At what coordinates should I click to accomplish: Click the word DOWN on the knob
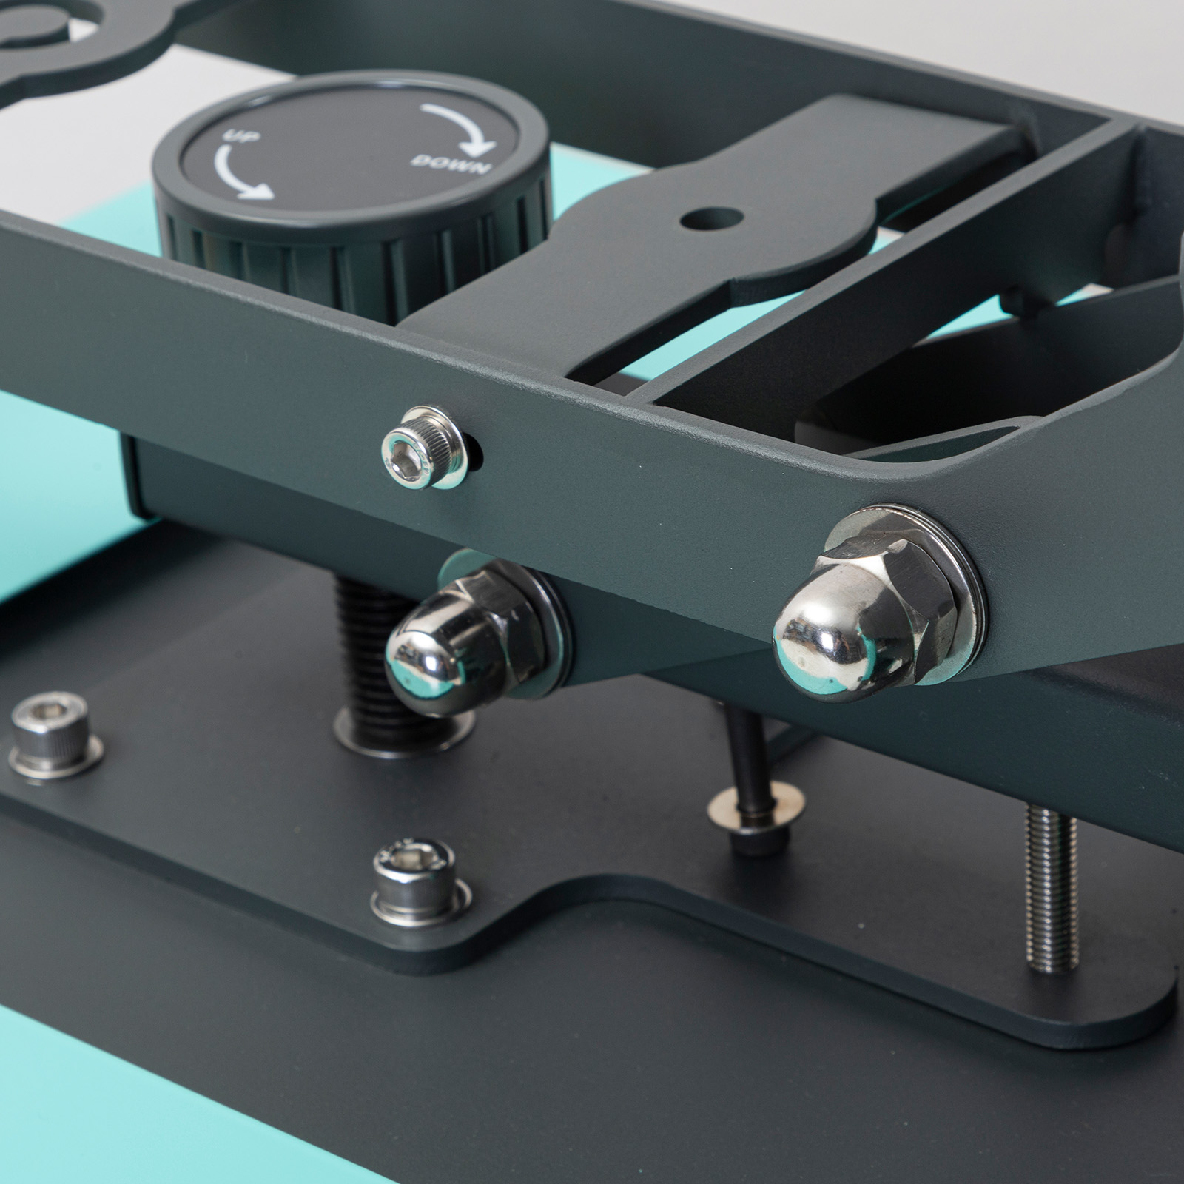tap(451, 164)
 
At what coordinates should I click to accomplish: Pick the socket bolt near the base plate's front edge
tap(417, 881)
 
